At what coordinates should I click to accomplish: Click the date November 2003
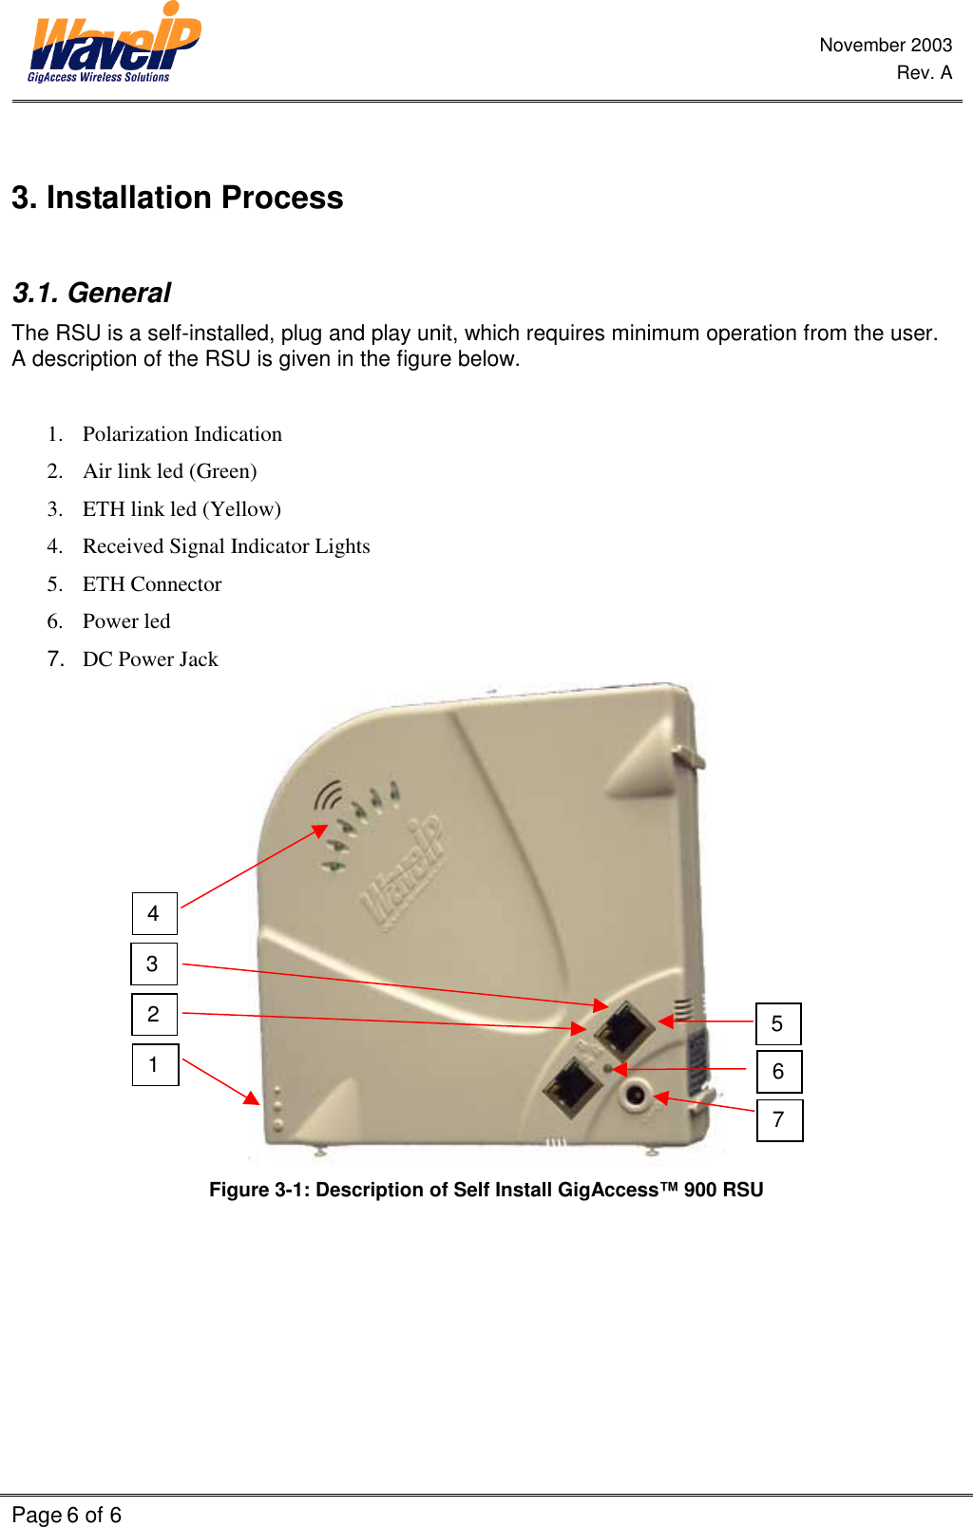tap(885, 45)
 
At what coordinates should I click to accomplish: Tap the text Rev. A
tap(924, 72)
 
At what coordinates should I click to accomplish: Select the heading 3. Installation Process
tap(178, 198)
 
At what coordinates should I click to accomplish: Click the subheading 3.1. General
tap(91, 293)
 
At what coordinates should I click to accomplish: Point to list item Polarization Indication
tap(181, 434)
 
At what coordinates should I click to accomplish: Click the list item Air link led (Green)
tap(169, 471)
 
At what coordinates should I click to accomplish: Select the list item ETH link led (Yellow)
tap(181, 509)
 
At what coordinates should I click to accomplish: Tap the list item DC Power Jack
tap(150, 659)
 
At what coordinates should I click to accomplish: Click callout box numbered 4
tap(154, 913)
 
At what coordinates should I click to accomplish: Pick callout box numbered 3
tap(153, 964)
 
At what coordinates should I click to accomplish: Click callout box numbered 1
tap(154, 1064)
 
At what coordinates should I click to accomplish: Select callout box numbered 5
tap(777, 1023)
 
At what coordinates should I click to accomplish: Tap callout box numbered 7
tap(778, 1119)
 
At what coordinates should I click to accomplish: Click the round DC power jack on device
tap(635, 1096)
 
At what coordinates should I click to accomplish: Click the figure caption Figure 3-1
tap(486, 1190)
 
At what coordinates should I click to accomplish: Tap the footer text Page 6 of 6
tap(67, 1515)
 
